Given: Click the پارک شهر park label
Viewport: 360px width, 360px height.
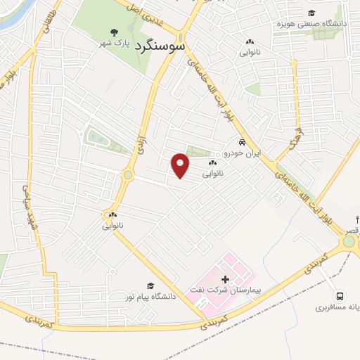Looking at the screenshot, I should coord(115,44).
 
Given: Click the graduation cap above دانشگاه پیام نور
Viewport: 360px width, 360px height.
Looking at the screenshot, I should coord(150,285).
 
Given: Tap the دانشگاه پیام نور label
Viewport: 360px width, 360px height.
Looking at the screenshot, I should coord(149,297).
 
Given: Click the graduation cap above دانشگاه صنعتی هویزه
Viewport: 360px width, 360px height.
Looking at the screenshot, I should coord(310,13).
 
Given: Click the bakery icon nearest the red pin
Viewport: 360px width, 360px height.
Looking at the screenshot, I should coord(212,162).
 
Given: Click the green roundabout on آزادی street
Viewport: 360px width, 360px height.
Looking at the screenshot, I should coord(128,175).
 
